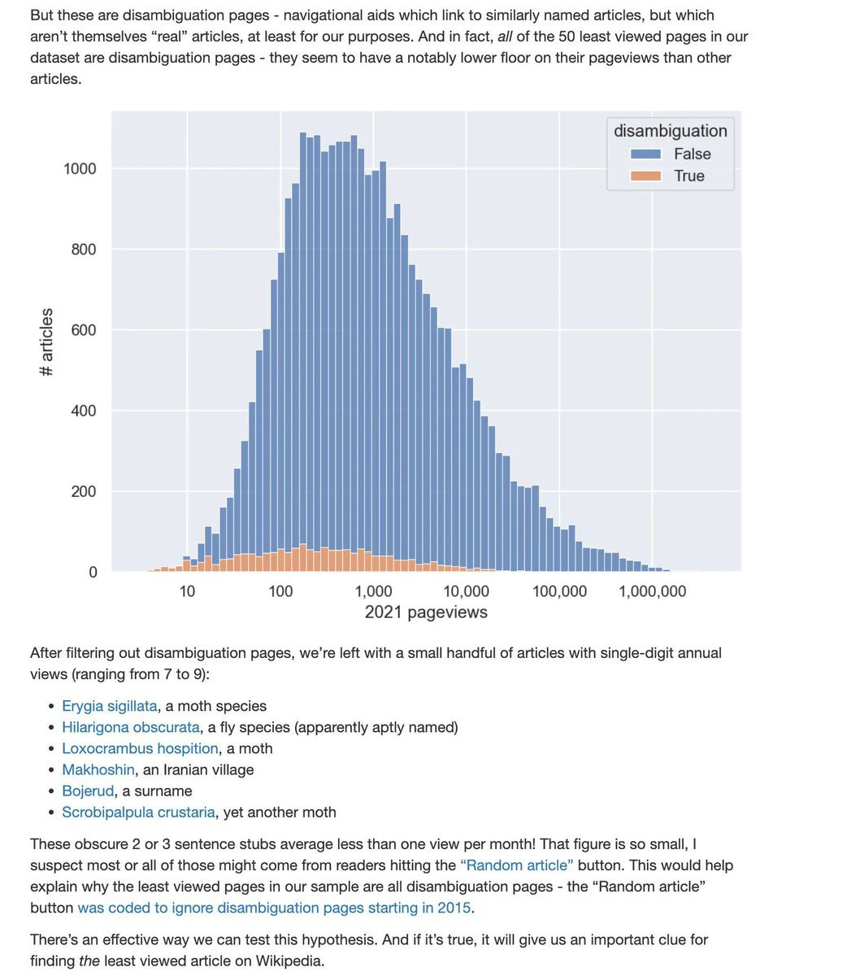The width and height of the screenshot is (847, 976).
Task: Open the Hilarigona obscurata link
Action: (130, 727)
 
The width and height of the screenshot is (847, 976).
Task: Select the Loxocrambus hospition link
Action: (140, 748)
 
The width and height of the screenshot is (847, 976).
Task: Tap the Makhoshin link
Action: (98, 769)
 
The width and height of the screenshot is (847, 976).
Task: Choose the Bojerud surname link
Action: (88, 791)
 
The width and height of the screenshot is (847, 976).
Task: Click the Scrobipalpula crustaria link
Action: (138, 812)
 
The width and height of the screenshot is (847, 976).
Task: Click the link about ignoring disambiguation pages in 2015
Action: (275, 908)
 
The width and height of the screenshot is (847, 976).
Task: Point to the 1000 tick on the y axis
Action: (80, 169)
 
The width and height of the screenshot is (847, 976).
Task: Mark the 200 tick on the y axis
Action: (83, 491)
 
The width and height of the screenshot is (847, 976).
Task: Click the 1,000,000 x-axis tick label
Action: (652, 591)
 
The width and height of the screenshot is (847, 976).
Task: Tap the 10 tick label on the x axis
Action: (187, 591)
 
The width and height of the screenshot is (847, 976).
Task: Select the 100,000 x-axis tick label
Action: (559, 591)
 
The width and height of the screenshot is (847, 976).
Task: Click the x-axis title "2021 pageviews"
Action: (426, 612)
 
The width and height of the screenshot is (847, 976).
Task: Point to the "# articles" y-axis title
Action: (46, 342)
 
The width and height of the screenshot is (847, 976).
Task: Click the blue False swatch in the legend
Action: (645, 154)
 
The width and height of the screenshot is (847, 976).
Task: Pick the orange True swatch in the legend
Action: (645, 176)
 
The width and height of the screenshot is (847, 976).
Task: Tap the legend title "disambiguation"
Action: (670, 131)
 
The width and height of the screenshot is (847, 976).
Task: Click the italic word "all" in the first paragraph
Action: (505, 37)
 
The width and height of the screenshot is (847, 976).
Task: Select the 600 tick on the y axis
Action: (83, 330)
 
